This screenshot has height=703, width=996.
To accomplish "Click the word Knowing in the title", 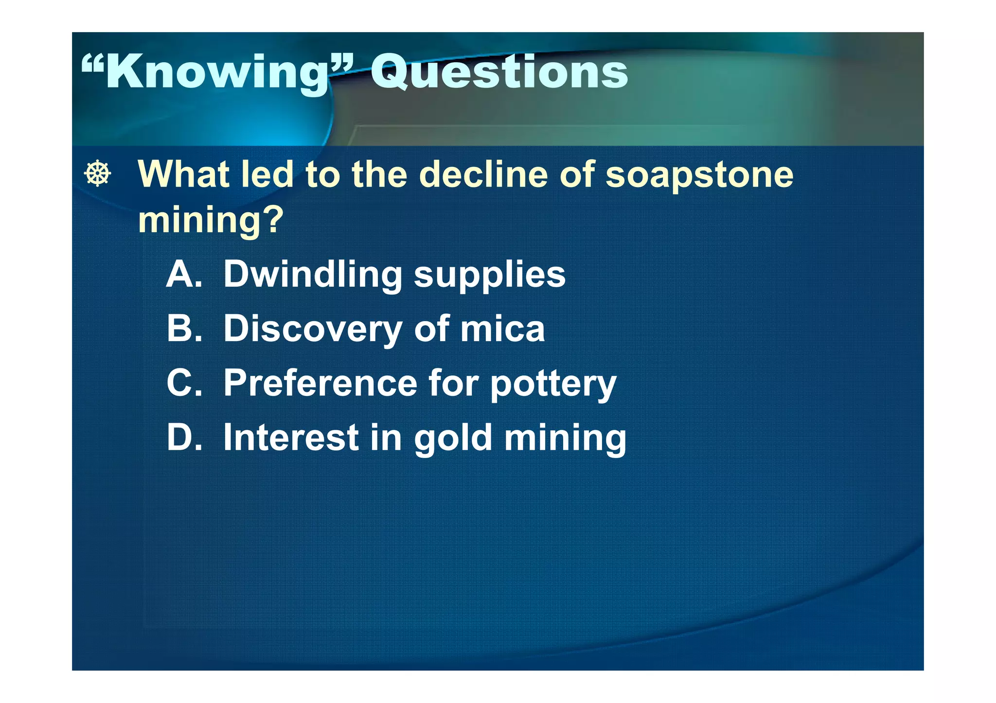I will coord(216,73).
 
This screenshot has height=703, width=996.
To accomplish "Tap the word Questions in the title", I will coord(499,73).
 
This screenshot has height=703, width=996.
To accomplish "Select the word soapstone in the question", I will coord(699,175).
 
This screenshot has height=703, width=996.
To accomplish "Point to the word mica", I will coord(502,329).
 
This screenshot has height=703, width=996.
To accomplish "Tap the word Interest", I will coord(291,438).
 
